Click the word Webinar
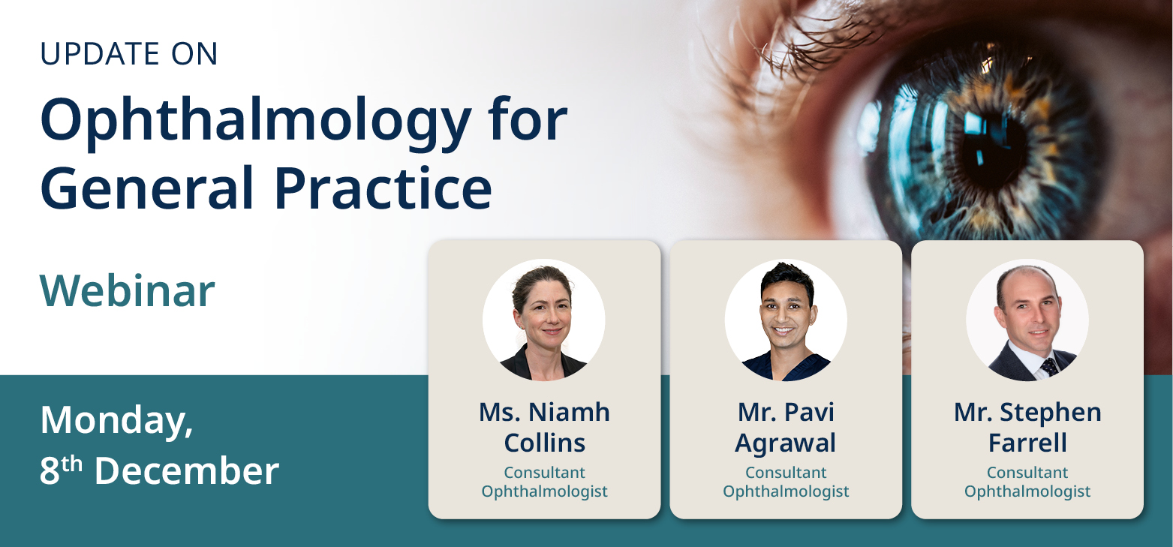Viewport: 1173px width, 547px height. pyautogui.click(x=127, y=291)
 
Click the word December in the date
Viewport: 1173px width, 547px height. pyautogui.click(x=187, y=472)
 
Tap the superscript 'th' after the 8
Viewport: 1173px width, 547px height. pyautogui.click(x=71, y=464)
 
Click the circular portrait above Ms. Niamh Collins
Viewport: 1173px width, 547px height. pyautogui.click(x=544, y=320)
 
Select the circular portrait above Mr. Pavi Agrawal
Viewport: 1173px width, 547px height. pyautogui.click(x=786, y=320)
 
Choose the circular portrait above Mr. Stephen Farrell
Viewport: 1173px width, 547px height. pyautogui.click(x=1027, y=320)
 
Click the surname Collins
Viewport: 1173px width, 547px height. pyautogui.click(x=544, y=443)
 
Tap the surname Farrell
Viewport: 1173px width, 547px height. pyautogui.click(x=1027, y=443)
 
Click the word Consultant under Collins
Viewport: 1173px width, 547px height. pyautogui.click(x=544, y=473)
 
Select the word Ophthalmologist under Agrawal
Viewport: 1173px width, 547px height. pyautogui.click(x=786, y=492)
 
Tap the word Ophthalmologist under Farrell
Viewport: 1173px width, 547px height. pyautogui.click(x=1027, y=492)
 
